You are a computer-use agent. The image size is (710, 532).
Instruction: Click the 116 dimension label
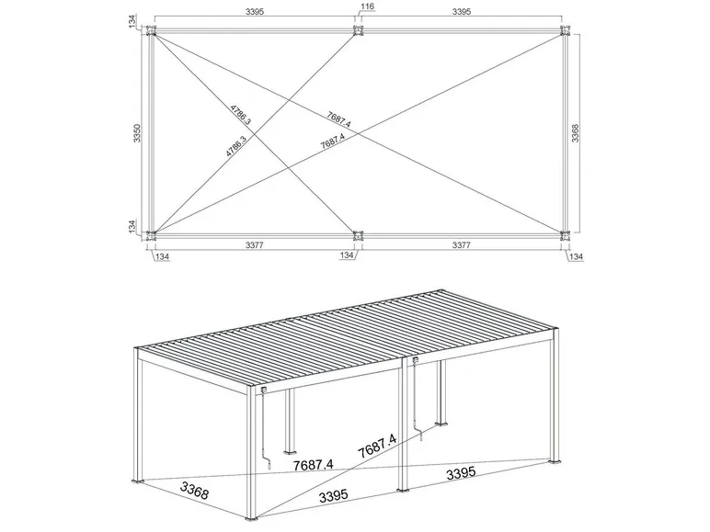(x=368, y=6)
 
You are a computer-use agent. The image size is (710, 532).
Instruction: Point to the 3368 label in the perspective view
(x=194, y=488)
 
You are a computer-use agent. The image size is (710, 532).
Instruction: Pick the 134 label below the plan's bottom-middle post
(x=348, y=255)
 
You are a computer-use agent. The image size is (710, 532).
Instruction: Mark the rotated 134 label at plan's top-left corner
(x=134, y=21)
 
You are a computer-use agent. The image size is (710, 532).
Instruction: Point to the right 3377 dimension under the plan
(x=460, y=245)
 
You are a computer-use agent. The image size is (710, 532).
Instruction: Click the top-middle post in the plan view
(x=358, y=32)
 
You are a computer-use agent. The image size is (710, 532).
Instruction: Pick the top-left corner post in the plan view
(x=152, y=32)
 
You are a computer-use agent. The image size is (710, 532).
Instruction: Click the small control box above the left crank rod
(x=265, y=391)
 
